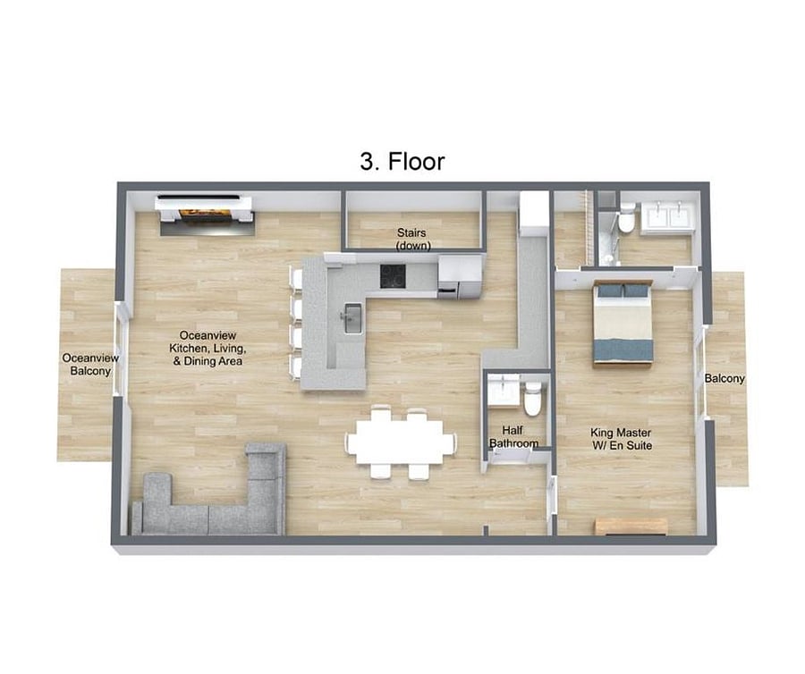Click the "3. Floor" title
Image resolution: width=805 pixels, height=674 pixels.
[402, 162]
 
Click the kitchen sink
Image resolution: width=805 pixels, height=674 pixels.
[353, 318]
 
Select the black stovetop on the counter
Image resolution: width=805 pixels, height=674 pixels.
[394, 275]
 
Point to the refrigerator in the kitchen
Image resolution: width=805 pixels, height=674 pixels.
[460, 276]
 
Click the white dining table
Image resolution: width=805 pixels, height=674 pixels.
[401, 442]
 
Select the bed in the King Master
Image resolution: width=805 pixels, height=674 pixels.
[623, 323]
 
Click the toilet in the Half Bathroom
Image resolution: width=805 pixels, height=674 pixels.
[532, 398]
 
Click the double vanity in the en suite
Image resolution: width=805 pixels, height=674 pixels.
[666, 215]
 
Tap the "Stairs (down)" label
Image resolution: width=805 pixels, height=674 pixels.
[412, 239]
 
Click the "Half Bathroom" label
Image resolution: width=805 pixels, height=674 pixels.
[513, 436]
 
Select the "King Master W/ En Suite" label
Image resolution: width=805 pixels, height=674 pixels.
[622, 439]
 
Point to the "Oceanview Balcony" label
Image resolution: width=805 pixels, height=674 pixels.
[90, 364]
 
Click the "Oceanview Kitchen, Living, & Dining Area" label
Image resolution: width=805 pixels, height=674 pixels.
[208, 348]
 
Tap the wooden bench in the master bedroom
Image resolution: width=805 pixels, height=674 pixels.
[631, 527]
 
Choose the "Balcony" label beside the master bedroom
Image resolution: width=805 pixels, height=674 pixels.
[724, 378]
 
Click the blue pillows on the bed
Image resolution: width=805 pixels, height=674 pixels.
[623, 291]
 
